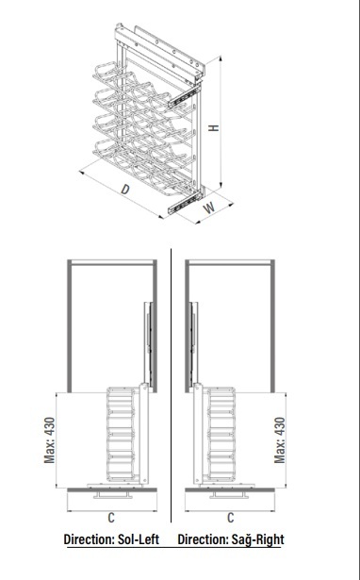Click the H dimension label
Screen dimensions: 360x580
(x=214, y=128)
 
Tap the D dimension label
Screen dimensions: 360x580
(x=125, y=189)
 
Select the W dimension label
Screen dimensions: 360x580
(x=209, y=207)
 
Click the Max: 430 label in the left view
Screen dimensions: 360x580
(x=49, y=440)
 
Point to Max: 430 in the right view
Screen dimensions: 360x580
(x=280, y=440)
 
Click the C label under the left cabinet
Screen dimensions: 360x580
(x=111, y=518)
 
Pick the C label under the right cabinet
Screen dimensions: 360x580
(x=230, y=518)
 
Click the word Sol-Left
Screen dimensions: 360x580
(x=139, y=539)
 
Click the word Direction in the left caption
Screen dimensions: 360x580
(x=90, y=539)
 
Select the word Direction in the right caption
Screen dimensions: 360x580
(x=203, y=539)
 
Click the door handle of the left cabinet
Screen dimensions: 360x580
(x=113, y=495)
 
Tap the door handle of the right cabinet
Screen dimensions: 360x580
(x=229, y=495)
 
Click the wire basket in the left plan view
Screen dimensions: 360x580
(x=121, y=434)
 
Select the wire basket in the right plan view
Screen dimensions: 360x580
(x=221, y=434)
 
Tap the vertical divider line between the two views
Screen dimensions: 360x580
(x=172, y=385)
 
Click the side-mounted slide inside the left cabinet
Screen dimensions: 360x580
(x=148, y=342)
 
